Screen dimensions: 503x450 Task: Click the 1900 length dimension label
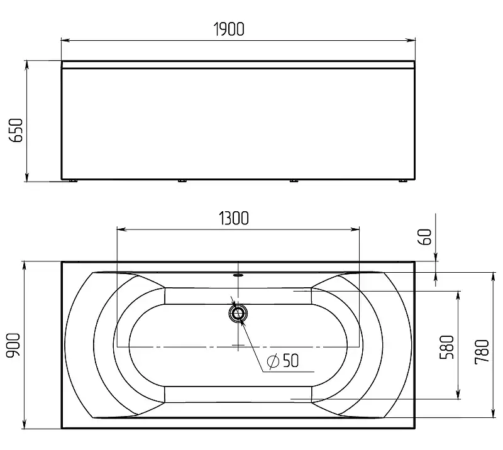(x=229, y=29)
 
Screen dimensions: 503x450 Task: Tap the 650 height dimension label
(x=16, y=130)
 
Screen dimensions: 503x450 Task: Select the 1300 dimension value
(x=234, y=218)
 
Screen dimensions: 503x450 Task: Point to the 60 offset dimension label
(x=426, y=237)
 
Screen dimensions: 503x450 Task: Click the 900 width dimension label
(x=14, y=345)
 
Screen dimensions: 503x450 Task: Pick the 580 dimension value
(x=447, y=348)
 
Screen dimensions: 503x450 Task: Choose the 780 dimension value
(x=482, y=352)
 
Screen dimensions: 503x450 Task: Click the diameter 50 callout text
(x=283, y=361)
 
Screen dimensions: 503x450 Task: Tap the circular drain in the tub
(x=238, y=314)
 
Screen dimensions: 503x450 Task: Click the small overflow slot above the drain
(x=238, y=275)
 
